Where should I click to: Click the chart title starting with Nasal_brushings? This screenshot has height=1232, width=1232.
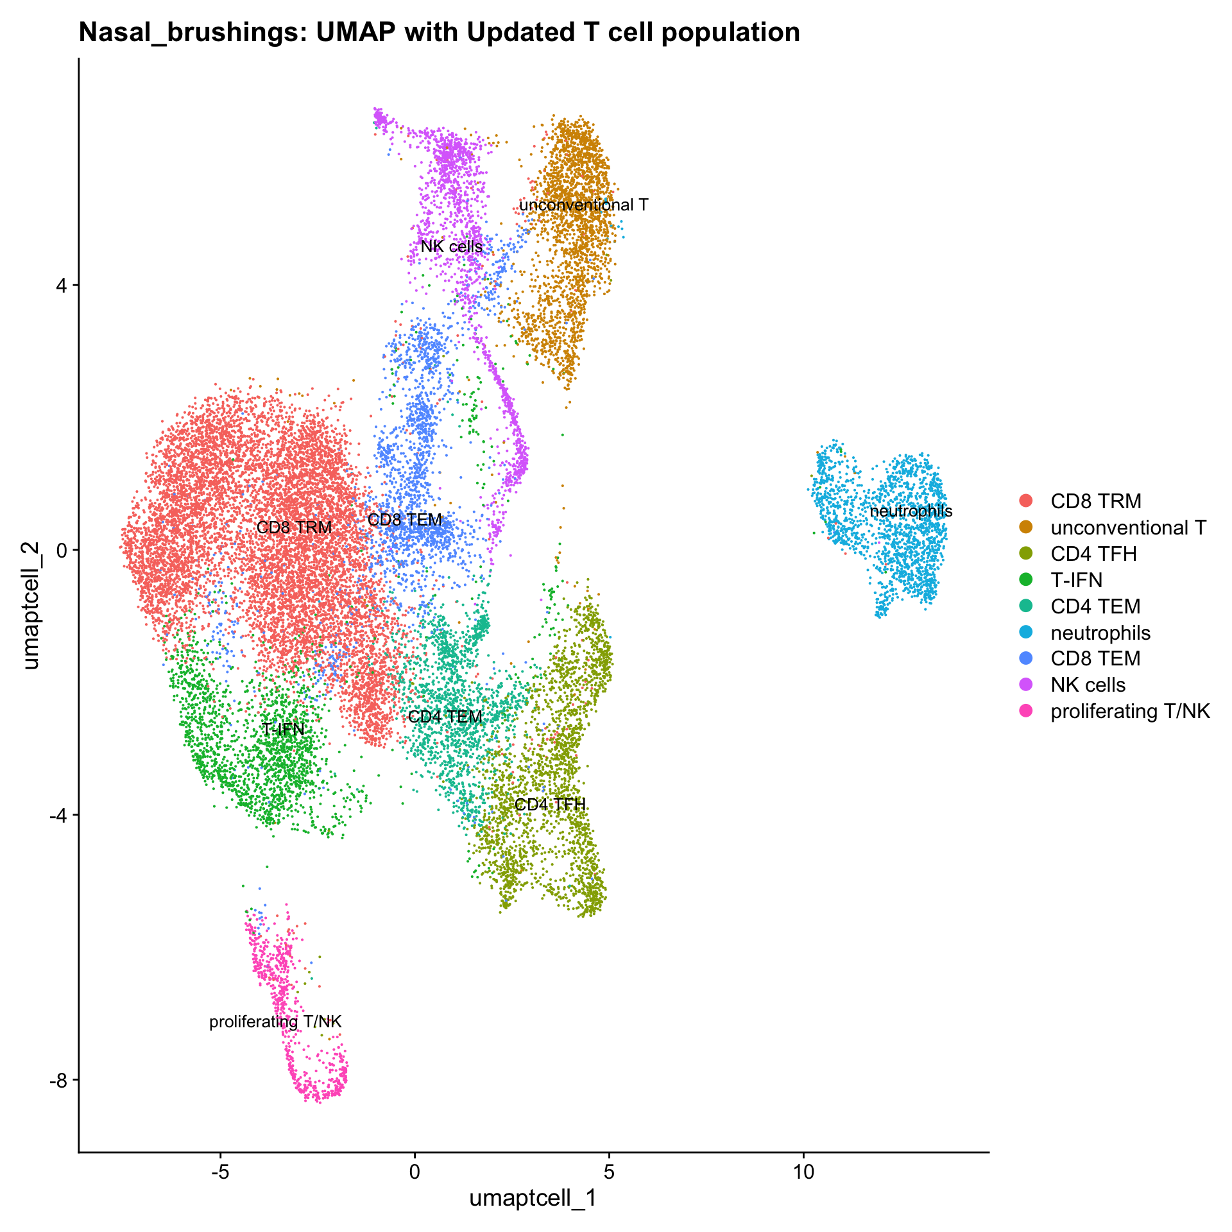pyautogui.click(x=439, y=32)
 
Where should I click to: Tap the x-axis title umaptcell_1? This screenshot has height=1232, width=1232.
pyautogui.click(x=533, y=1198)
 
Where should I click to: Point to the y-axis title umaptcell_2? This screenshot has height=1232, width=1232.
pyautogui.click(x=31, y=605)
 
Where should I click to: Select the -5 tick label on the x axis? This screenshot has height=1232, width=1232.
pyautogui.click(x=220, y=1172)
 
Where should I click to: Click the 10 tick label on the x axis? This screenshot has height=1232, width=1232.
pyautogui.click(x=803, y=1172)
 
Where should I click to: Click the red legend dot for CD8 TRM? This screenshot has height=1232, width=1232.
pyautogui.click(x=1026, y=501)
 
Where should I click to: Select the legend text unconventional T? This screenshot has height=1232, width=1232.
pyautogui.click(x=1128, y=527)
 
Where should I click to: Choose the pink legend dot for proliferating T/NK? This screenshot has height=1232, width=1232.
pyautogui.click(x=1026, y=711)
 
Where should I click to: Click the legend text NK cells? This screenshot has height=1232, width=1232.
pyautogui.click(x=1088, y=685)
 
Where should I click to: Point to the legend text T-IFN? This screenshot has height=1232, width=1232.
pyautogui.click(x=1076, y=580)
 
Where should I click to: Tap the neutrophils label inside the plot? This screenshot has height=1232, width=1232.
pyautogui.click(x=911, y=511)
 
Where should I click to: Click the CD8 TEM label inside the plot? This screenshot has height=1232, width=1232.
pyautogui.click(x=405, y=520)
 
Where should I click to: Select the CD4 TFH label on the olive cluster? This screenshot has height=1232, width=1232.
pyautogui.click(x=550, y=805)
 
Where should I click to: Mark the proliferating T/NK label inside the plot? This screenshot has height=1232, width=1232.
pyautogui.click(x=275, y=1022)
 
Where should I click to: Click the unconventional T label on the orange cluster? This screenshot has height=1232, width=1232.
pyautogui.click(x=583, y=205)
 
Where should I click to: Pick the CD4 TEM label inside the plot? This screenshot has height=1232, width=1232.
pyautogui.click(x=445, y=717)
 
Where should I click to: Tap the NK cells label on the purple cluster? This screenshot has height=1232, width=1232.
pyautogui.click(x=452, y=247)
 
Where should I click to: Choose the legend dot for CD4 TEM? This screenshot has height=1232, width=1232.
pyautogui.click(x=1026, y=606)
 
